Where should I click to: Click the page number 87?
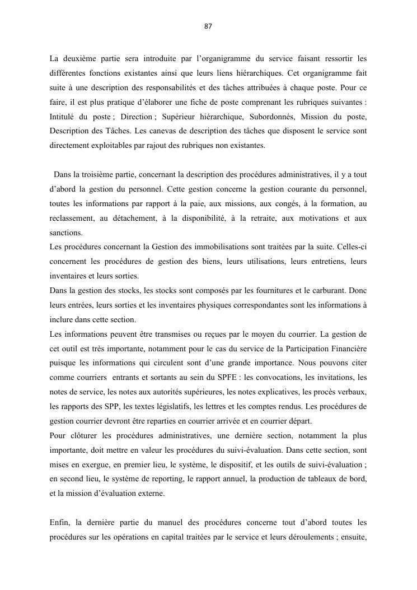click(208, 26)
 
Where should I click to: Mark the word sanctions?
click(65, 233)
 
